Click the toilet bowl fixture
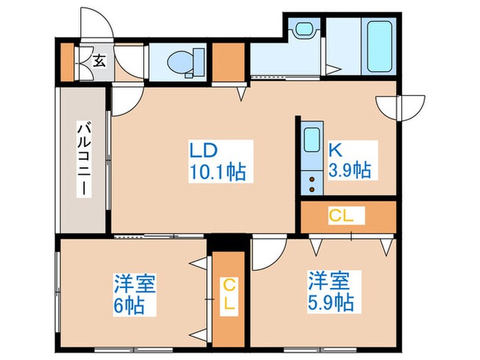[x=179, y=62]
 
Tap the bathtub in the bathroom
[x=379, y=46]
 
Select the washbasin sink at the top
[x=304, y=29]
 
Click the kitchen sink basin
[x=312, y=140]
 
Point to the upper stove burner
[x=311, y=179]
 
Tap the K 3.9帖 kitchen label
[x=350, y=160]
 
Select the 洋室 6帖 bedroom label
[x=134, y=294]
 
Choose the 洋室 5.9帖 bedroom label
[x=334, y=292]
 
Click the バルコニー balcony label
[x=84, y=159]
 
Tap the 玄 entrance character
[x=99, y=60]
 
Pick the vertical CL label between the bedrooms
[x=229, y=296]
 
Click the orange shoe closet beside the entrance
[x=67, y=63]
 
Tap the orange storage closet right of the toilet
[x=228, y=62]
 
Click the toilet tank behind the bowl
[x=199, y=62]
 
